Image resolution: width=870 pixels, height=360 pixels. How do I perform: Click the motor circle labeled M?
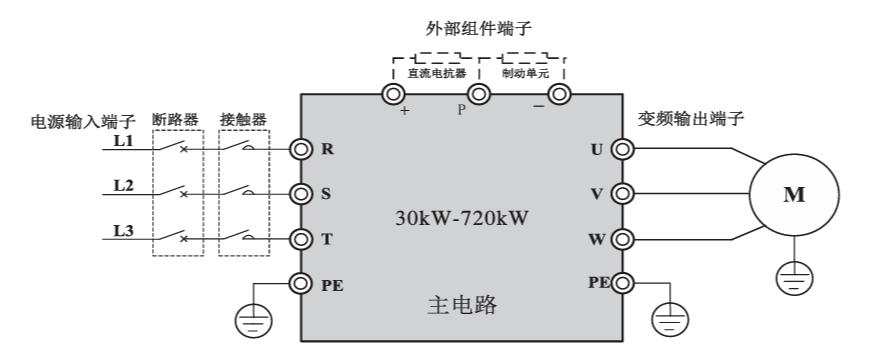click(793, 195)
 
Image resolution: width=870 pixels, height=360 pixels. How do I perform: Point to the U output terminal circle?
click(622, 150)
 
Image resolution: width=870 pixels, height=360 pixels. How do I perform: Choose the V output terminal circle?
click(622, 194)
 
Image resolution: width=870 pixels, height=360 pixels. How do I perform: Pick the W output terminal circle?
click(622, 239)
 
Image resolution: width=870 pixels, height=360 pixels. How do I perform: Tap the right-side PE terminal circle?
click(622, 283)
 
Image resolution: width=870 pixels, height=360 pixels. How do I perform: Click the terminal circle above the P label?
click(479, 95)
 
